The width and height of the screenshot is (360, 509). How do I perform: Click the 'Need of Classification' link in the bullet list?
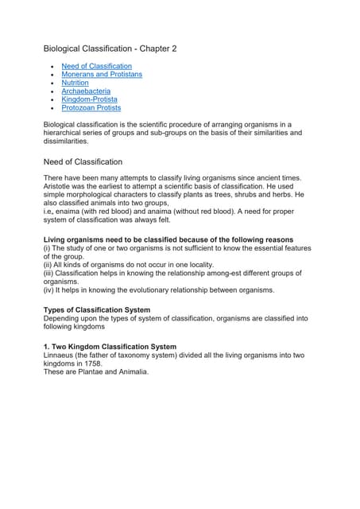(96, 66)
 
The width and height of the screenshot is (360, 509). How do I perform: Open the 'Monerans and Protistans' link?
(102, 74)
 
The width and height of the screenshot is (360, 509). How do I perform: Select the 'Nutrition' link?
(75, 83)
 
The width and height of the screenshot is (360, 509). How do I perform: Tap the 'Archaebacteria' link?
(86, 91)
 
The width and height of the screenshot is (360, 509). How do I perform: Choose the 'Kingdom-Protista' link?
(89, 99)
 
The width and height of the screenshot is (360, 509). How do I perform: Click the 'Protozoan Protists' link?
(91, 108)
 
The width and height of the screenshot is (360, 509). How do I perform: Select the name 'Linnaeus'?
(60, 356)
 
